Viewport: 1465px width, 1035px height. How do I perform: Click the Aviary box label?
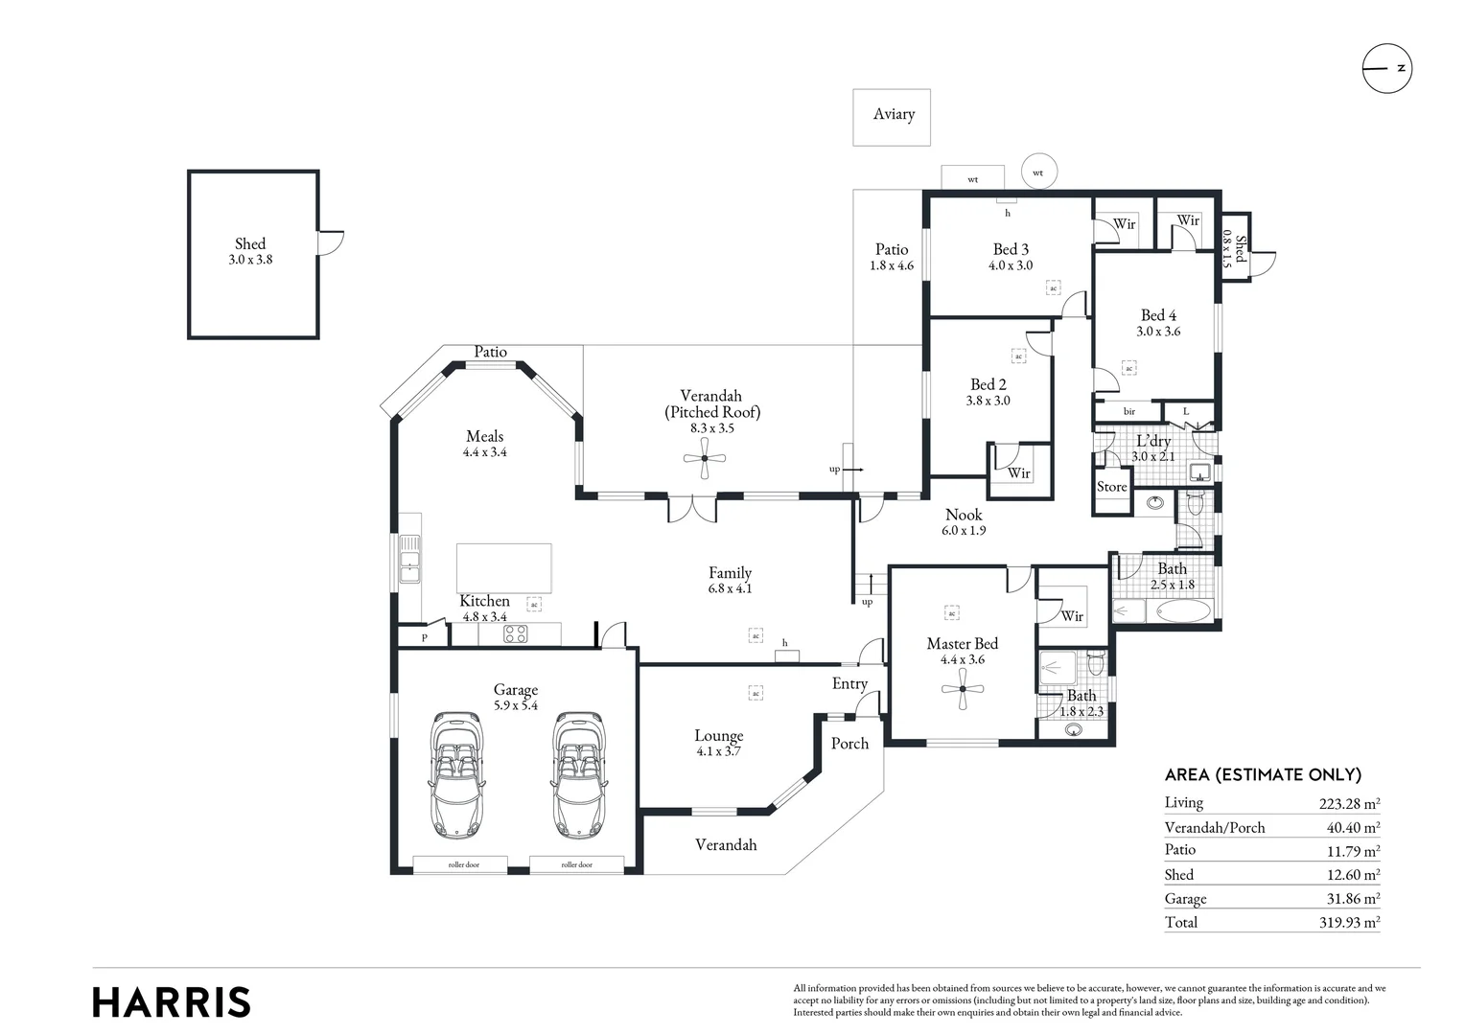pos(893,114)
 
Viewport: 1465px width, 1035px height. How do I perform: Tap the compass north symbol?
pos(1387,69)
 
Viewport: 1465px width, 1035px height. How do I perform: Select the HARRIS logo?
pos(172,1002)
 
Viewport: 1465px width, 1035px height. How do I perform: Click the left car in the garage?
pos(457,774)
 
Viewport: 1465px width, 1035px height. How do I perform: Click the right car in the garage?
pos(578,774)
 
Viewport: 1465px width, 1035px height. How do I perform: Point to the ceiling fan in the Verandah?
pos(705,459)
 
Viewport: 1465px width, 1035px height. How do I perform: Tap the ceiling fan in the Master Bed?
pos(962,689)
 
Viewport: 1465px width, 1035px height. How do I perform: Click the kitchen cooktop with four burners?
pos(516,633)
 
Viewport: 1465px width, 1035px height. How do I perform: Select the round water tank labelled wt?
pos(1037,172)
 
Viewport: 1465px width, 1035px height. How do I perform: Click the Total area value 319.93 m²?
pos(1349,923)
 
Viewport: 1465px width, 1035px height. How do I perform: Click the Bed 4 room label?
pos(1158,315)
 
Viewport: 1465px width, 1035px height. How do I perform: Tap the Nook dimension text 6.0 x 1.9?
pos(964,531)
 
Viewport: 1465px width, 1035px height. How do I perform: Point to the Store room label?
pos(1112,487)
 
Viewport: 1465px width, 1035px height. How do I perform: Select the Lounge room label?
pos(719,736)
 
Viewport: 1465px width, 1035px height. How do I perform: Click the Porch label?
pos(849,744)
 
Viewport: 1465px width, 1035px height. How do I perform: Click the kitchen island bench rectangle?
pos(503,568)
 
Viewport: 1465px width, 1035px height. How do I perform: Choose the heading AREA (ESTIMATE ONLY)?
pos(1263,775)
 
